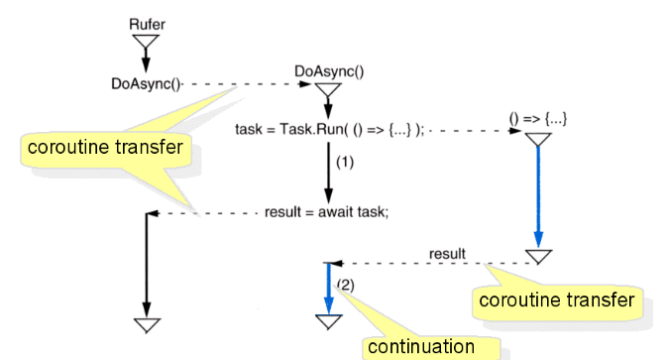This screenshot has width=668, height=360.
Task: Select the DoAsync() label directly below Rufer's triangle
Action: point(147,84)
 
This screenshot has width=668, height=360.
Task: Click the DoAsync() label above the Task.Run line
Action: point(329,71)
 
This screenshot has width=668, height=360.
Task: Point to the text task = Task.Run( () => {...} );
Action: point(329,130)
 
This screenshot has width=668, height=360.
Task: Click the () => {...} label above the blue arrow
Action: point(538,118)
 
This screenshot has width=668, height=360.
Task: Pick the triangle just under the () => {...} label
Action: point(538,140)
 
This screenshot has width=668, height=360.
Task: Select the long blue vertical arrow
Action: point(538,198)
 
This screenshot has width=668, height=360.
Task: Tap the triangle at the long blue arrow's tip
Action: point(538,257)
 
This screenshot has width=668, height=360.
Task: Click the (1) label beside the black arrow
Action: point(345,161)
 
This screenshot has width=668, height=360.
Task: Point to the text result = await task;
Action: point(327,211)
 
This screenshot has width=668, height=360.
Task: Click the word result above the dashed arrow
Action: point(447,254)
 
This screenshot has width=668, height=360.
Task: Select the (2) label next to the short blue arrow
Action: point(344,285)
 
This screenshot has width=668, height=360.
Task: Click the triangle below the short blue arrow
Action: point(327,320)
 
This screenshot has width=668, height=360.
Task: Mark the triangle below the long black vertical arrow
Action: point(147,325)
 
